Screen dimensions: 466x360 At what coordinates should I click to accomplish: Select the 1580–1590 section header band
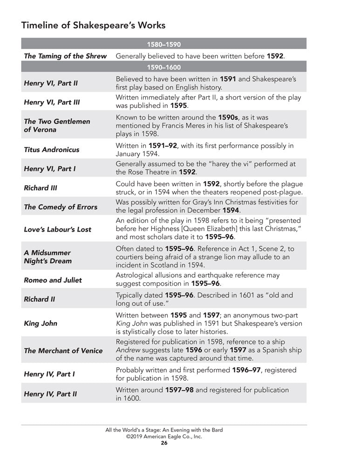163,45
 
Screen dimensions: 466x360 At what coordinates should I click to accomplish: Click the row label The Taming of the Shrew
65,56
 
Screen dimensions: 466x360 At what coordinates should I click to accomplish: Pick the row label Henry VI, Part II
51,83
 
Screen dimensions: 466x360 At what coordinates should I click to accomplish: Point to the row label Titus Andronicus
52,150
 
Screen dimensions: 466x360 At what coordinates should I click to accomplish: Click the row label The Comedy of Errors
61,207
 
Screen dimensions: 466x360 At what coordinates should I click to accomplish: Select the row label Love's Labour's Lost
58,229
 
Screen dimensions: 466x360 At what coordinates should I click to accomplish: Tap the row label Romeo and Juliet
53,280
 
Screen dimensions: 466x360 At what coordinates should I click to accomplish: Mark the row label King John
41,322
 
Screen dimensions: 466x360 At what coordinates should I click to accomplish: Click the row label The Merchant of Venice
63,350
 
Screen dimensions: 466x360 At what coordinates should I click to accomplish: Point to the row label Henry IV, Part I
49,374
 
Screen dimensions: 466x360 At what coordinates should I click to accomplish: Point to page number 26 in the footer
164,443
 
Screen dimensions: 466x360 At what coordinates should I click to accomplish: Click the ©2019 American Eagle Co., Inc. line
164,437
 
